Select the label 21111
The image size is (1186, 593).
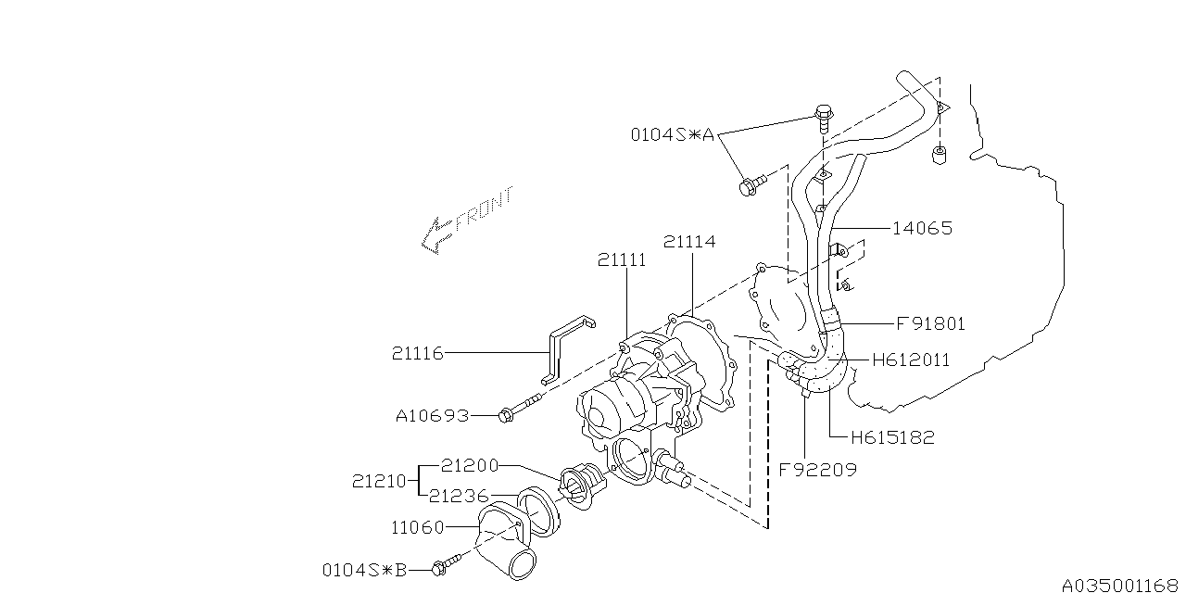click(622, 261)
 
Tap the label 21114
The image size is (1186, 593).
click(689, 243)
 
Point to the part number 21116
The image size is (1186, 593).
click(417, 353)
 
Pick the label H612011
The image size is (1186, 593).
click(911, 360)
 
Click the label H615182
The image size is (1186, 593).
click(892, 437)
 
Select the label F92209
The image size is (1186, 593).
click(818, 470)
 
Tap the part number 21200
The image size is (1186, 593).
click(471, 465)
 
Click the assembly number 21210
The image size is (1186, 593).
click(378, 481)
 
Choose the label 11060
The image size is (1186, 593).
click(417, 528)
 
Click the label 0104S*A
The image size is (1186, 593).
click(673, 135)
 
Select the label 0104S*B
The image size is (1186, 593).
click(364, 570)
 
